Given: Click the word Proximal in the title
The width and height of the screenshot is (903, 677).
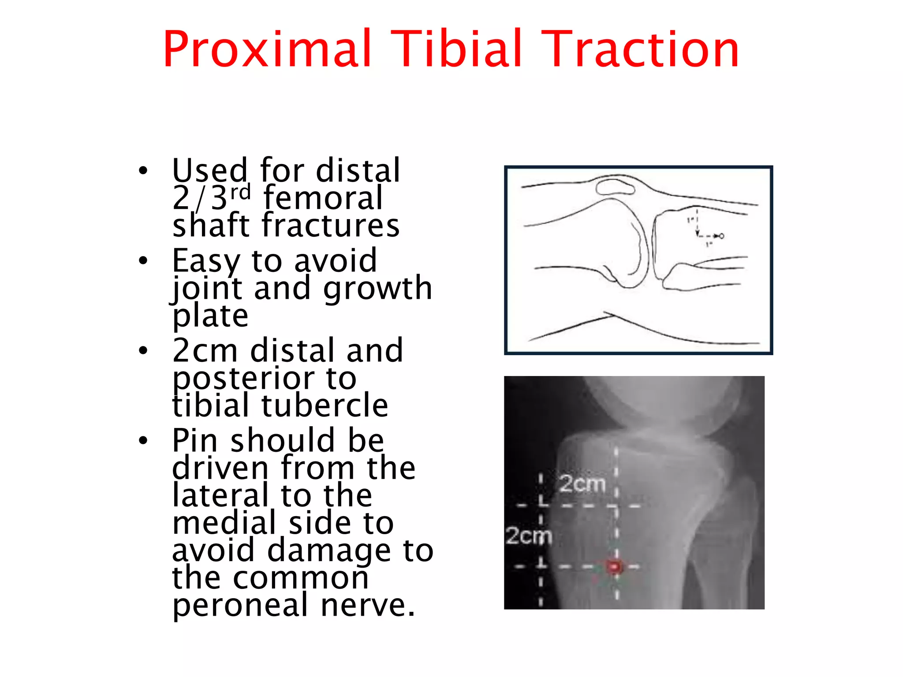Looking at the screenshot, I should pyautogui.click(x=267, y=49).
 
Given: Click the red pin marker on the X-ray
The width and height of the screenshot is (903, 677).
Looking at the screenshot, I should pyautogui.click(x=614, y=566).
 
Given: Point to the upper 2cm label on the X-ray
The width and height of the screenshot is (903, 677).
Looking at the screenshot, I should pyautogui.click(x=582, y=484).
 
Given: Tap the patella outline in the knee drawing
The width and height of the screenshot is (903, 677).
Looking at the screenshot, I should pyautogui.click(x=615, y=186).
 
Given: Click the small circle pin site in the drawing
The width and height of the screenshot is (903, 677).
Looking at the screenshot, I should pyautogui.click(x=721, y=236).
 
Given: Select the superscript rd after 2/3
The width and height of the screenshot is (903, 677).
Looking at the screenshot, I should pyautogui.click(x=240, y=192).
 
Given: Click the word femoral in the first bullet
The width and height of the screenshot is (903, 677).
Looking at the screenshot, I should pyautogui.click(x=323, y=198).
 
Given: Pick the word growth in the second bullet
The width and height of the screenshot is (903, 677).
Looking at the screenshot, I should pyautogui.click(x=377, y=289).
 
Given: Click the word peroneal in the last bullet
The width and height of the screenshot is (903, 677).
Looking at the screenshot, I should pyautogui.click(x=240, y=606).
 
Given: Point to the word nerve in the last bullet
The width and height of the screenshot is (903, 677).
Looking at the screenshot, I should pyautogui.click(x=368, y=606).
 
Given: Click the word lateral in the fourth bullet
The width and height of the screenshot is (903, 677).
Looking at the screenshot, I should pyautogui.click(x=220, y=495).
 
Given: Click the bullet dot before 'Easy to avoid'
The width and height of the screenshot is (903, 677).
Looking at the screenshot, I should pyautogui.click(x=143, y=260).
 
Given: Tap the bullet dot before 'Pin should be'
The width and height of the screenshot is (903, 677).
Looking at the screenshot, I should pyautogui.click(x=143, y=440).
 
